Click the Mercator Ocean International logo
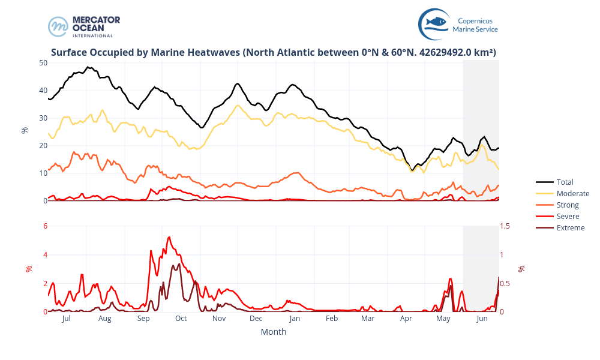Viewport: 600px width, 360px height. (84, 26)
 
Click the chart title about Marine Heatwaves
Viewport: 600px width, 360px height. (274, 53)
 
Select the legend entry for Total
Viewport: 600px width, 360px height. (565, 182)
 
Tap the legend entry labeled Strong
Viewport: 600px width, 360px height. (568, 205)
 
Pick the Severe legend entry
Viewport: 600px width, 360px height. (568, 216)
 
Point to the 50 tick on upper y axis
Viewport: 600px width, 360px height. (43, 62)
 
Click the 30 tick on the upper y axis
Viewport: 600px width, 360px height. (43, 118)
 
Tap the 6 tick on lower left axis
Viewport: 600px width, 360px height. (45, 226)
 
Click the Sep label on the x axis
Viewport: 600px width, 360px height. (143, 319)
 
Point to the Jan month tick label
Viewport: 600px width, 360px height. (294, 319)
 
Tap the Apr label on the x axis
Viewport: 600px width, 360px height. (406, 319)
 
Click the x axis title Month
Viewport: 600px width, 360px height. (273, 332)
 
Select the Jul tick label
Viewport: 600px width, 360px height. (67, 319)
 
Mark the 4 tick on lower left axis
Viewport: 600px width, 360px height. (45, 254)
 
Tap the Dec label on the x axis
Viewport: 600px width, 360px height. (256, 319)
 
